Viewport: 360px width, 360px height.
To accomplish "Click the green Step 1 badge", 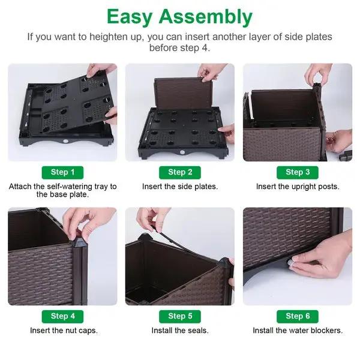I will (x=62, y=172).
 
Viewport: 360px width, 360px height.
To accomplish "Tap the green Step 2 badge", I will (x=180, y=172).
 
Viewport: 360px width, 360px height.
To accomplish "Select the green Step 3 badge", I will (x=298, y=172).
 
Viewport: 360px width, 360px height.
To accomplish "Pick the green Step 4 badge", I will (x=62, y=316).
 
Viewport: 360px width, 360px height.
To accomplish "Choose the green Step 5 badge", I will (x=180, y=316).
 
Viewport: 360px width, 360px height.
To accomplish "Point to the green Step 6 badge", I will (x=298, y=316).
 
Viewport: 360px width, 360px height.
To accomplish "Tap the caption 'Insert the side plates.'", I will (x=180, y=187).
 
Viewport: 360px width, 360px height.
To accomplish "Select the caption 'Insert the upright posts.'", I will (x=298, y=187).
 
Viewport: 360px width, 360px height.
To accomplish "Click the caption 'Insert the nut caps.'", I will (x=63, y=331).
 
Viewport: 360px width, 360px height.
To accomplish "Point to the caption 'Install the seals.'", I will (x=180, y=331).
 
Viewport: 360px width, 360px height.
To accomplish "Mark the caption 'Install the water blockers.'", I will (x=298, y=331).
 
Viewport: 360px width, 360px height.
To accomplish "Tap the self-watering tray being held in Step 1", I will (x=66, y=99).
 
